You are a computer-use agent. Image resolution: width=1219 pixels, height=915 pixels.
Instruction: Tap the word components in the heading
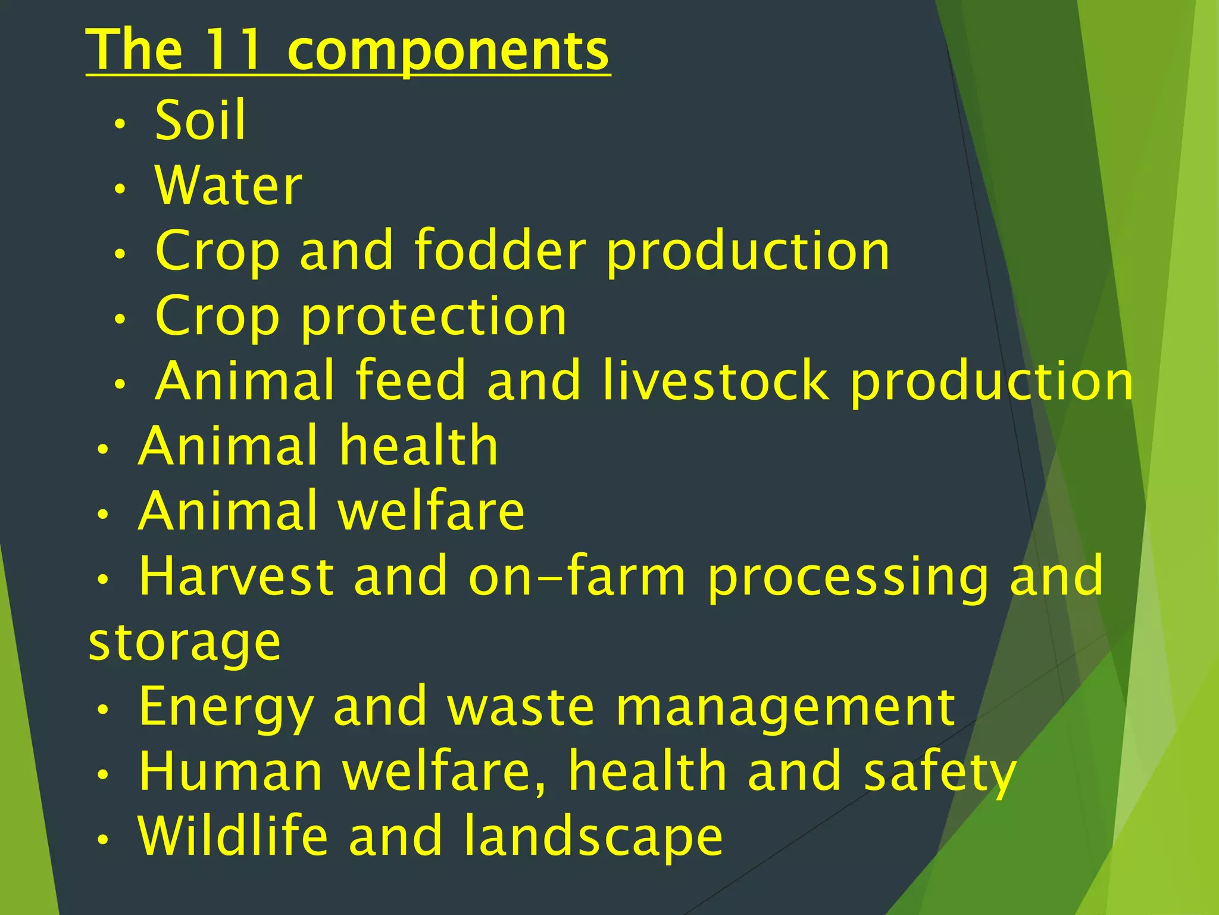coord(448,52)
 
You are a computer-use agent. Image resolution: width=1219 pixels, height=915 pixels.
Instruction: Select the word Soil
coord(200,120)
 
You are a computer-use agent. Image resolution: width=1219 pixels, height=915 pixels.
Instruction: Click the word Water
coord(229,186)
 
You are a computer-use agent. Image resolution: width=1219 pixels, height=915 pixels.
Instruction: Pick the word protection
coord(434,318)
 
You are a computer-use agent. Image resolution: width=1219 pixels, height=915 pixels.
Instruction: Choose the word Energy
coord(226,708)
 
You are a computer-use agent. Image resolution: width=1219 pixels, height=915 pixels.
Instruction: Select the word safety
coord(940,773)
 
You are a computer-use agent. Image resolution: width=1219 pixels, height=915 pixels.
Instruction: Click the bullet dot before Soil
coord(120,125)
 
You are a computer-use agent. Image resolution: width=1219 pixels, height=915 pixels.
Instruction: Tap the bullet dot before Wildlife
coord(104,841)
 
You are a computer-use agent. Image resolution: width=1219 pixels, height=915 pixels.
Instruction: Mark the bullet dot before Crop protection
coord(120,320)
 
